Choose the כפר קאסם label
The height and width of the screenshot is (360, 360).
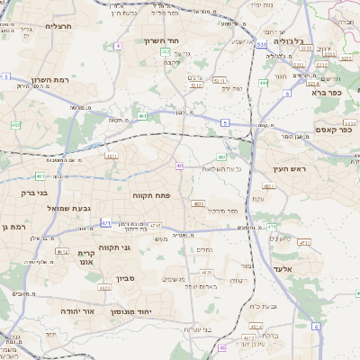pyautogui.click(x=334, y=131)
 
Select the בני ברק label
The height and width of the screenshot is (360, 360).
pyautogui.click(x=36, y=193)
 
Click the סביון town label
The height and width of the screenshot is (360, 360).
pyautogui.click(x=124, y=280)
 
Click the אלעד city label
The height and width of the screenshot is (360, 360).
pyautogui.click(x=280, y=269)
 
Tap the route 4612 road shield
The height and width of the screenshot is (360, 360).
pyautogui.click(x=62, y=252)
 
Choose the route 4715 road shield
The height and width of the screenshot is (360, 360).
pyautogui.click(x=156, y=225)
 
